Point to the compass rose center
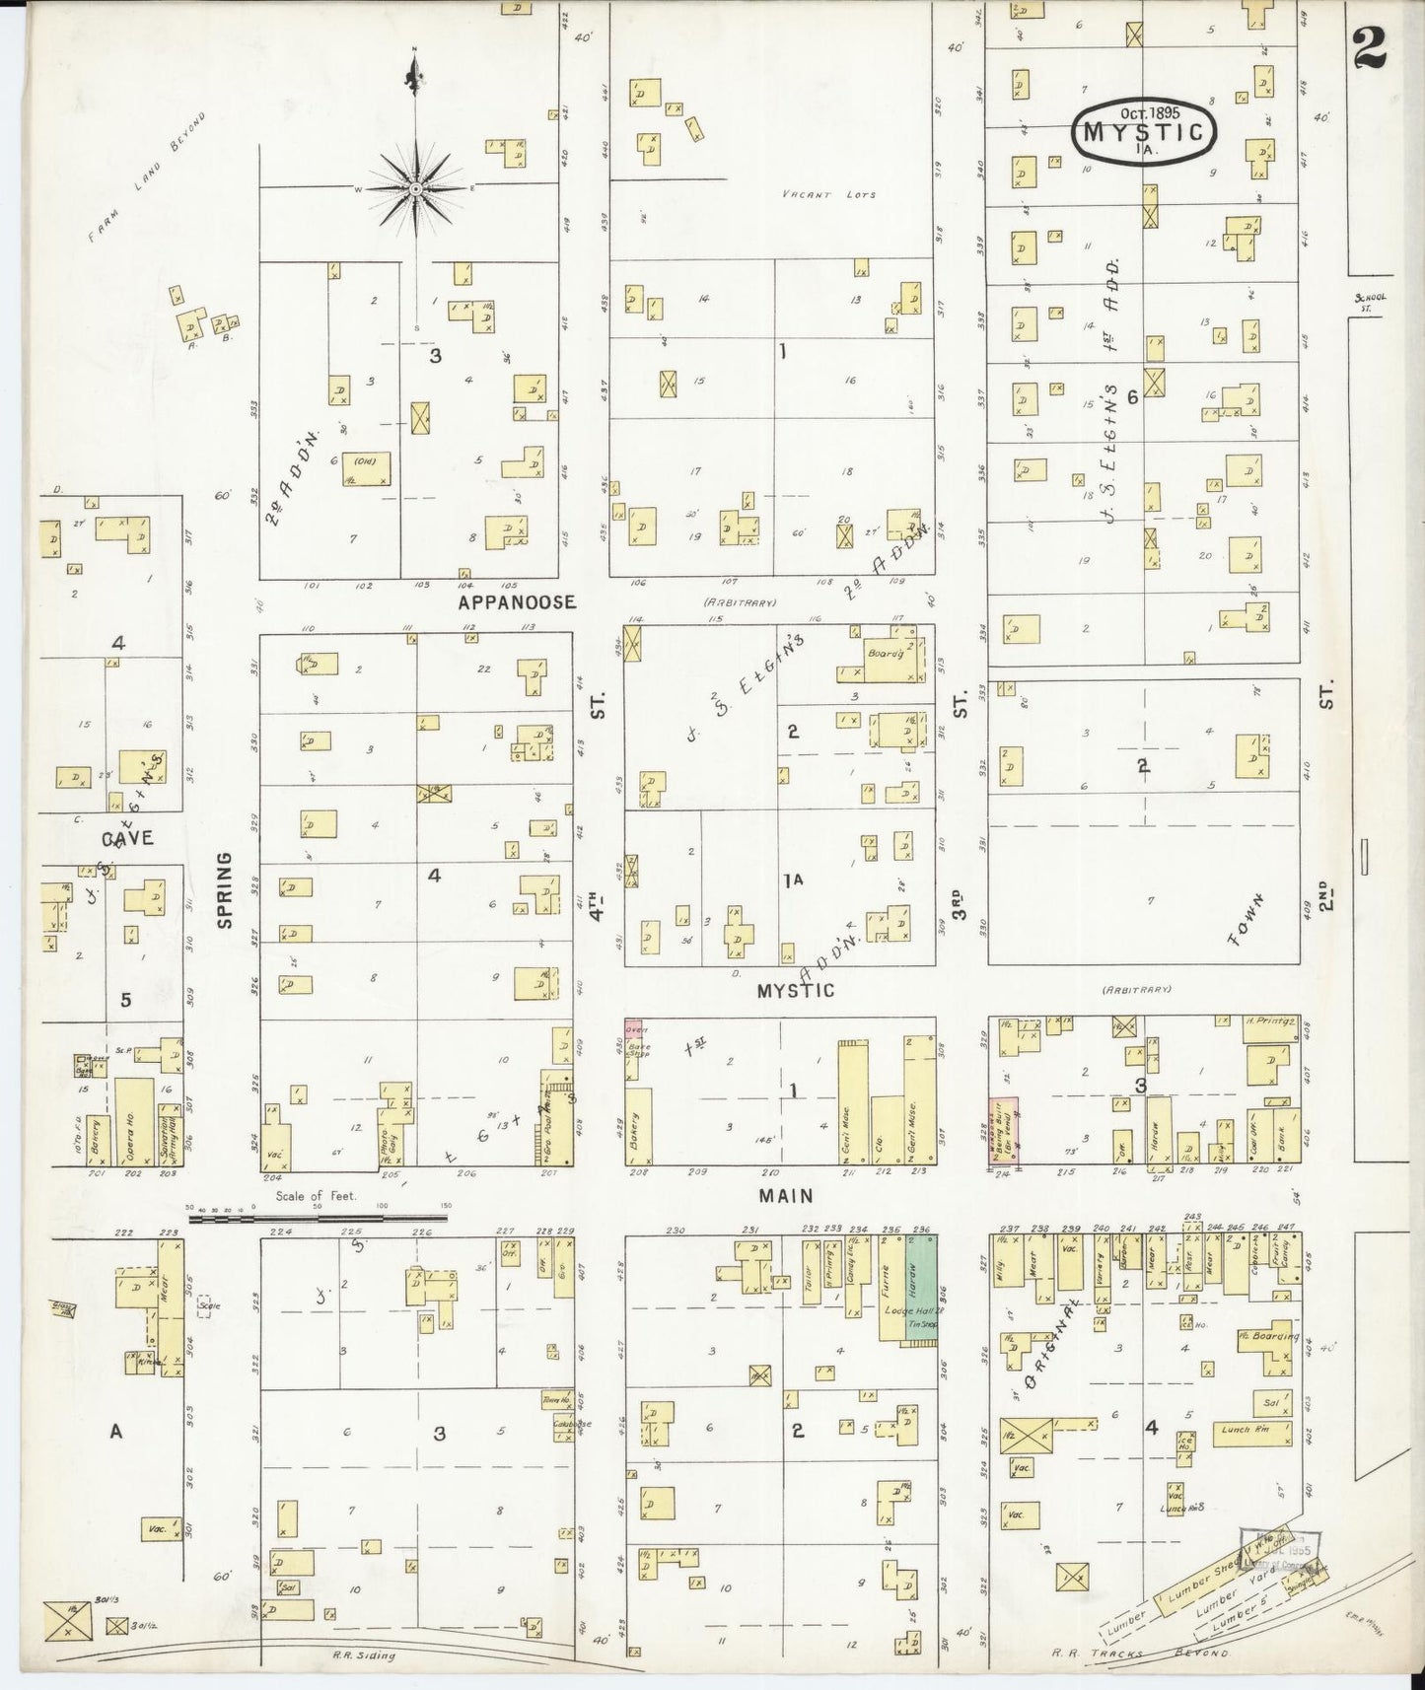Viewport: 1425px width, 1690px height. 415,187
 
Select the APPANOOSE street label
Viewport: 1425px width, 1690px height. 516,600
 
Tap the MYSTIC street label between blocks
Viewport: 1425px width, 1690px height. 795,990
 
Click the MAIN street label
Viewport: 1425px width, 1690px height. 785,1196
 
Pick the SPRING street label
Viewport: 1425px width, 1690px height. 225,889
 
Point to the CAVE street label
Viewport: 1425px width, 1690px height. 127,838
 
